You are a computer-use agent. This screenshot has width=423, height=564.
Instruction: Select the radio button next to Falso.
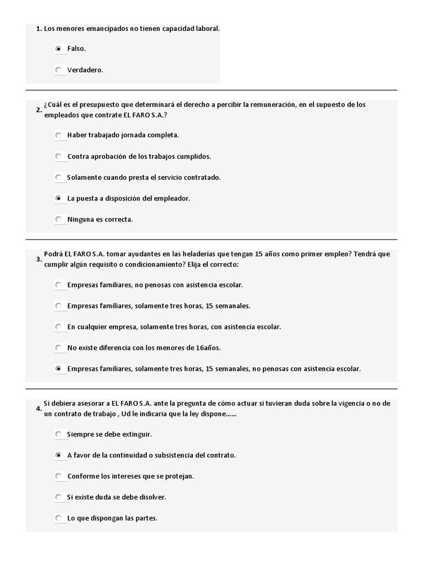[58, 49]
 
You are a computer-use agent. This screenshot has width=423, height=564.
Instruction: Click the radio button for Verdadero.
[58, 70]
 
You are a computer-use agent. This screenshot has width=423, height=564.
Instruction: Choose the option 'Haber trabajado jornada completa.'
[58, 135]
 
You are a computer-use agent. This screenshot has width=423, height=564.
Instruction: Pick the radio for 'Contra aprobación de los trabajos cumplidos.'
[58, 156]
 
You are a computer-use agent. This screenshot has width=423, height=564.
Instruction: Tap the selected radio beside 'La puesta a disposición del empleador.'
[58, 198]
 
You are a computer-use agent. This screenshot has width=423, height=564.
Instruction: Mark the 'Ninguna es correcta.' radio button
[58, 219]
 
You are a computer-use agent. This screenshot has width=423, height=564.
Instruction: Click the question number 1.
[39, 28]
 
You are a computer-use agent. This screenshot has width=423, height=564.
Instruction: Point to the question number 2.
[39, 110]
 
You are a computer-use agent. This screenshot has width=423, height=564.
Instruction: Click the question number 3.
[39, 259]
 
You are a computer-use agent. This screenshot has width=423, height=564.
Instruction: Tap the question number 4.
[39, 409]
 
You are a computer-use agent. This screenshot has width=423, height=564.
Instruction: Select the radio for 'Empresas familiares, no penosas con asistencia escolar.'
[58, 285]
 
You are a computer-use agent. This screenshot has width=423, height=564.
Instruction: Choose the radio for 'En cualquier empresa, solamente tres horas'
[58, 327]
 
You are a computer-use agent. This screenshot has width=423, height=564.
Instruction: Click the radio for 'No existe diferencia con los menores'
[58, 348]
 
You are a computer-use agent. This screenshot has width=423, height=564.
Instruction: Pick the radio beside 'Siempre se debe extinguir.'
[58, 434]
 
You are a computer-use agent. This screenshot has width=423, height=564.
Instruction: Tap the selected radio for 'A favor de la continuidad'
[58, 455]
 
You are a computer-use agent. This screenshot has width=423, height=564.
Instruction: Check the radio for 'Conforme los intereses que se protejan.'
[58, 476]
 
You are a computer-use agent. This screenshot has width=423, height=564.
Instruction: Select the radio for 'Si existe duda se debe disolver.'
[58, 497]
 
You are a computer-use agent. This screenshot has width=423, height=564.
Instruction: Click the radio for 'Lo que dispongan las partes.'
[58, 518]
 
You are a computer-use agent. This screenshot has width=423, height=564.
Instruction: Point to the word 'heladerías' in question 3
[205, 254]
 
